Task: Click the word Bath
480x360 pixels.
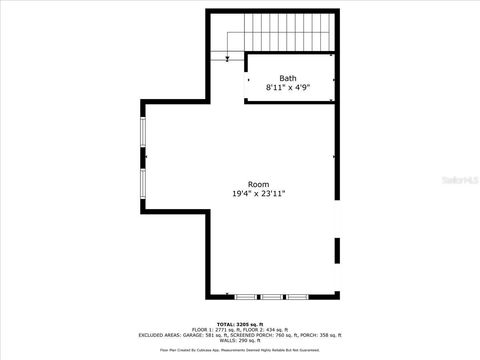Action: tap(288, 78)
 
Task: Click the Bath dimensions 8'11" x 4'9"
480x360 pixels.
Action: tap(288, 88)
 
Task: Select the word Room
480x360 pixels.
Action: tap(258, 184)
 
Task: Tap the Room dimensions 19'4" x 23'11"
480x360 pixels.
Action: tap(258, 194)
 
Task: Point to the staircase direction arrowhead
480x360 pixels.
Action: tap(228, 60)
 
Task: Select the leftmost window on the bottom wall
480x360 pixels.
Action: tap(246, 297)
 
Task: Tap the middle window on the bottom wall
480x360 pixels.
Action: tap(271, 297)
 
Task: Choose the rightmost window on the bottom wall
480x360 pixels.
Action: tap(297, 297)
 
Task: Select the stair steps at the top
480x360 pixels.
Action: tap(287, 30)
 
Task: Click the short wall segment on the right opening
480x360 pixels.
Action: tap(336, 250)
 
